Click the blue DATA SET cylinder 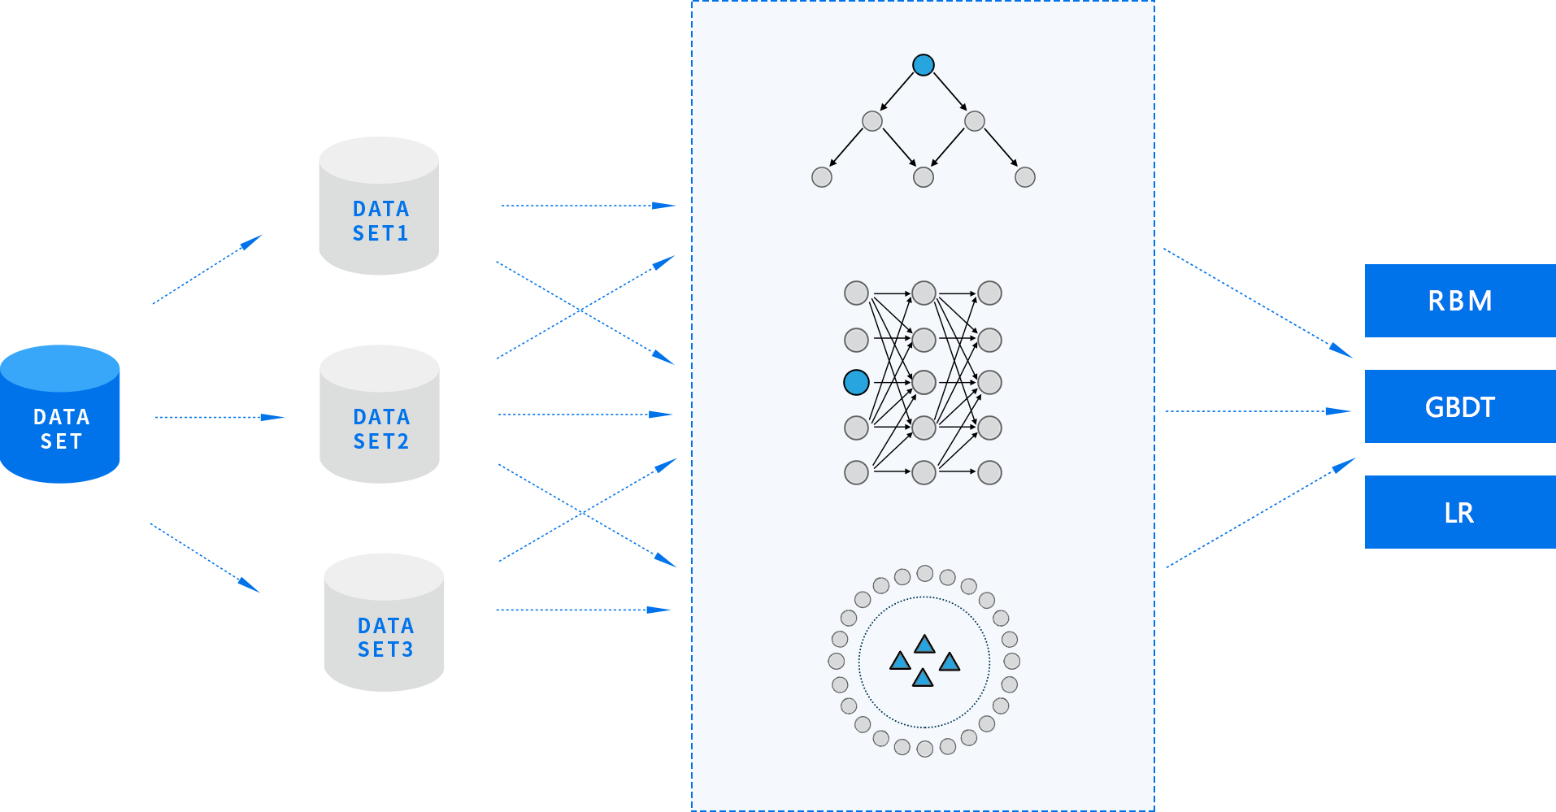(x=60, y=415)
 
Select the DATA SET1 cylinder (x=379, y=206)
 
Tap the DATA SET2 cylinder (x=380, y=415)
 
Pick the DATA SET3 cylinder (x=384, y=623)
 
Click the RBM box (x=1459, y=301)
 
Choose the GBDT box (x=1459, y=406)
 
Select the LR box (x=1459, y=512)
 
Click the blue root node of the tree (x=924, y=65)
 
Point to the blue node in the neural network (x=856, y=382)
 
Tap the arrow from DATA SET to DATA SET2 (x=219, y=417)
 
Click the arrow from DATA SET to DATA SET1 (x=207, y=269)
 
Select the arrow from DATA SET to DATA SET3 (x=205, y=558)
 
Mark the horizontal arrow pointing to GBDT (x=1258, y=411)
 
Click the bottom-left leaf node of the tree (x=822, y=177)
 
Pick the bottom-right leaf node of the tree (x=1025, y=177)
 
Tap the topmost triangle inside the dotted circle (x=925, y=645)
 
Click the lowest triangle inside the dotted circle (x=923, y=678)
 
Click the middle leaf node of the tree (x=924, y=177)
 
